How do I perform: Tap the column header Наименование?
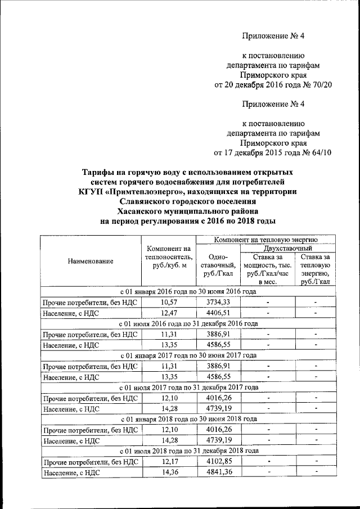coord(91,261)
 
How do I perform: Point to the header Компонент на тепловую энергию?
coord(263,240)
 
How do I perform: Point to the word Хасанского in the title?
coord(141,211)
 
